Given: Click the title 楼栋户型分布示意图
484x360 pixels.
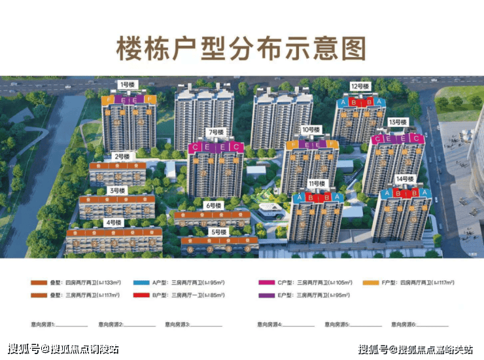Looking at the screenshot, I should coord(241,48).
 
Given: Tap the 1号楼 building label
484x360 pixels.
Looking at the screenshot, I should coord(127,84).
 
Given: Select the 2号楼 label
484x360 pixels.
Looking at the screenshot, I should coord(121,156).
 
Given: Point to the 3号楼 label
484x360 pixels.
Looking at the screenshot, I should coord(117,190).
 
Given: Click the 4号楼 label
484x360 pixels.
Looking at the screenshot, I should coord(113,222).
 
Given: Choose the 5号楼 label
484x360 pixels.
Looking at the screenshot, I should coord(218,232).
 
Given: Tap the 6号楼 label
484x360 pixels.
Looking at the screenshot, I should coord(214,205).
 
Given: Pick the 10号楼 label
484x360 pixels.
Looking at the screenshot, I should coord(310,130).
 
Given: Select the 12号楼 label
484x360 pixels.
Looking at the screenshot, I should coord(360,86).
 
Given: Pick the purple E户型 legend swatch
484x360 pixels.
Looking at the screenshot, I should coord(267,295).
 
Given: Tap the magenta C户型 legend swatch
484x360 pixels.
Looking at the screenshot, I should coord(267,283).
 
